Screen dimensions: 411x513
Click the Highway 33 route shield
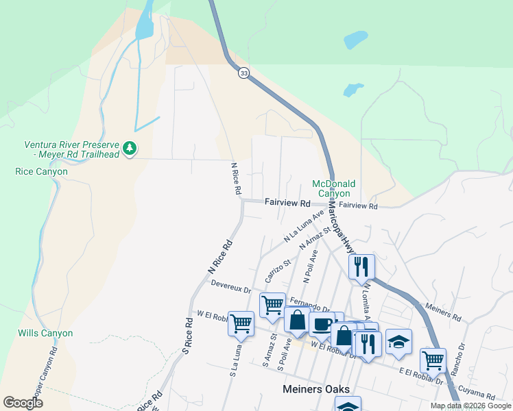(243, 73)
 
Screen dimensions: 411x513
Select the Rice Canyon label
(41, 171)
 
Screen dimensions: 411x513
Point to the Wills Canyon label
(45, 334)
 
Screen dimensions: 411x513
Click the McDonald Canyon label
(334, 188)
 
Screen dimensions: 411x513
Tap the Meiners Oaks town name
(316, 389)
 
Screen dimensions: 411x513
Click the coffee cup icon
(321, 325)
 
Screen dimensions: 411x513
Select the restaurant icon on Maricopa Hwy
(361, 266)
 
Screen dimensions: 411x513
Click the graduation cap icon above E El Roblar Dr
(398, 340)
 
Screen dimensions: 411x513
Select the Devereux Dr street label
(231, 286)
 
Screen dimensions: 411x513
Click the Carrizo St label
(278, 271)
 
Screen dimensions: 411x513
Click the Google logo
(23, 403)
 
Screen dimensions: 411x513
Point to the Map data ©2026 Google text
(470, 406)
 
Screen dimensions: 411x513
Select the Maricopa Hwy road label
(340, 223)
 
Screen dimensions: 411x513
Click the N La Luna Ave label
(304, 226)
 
